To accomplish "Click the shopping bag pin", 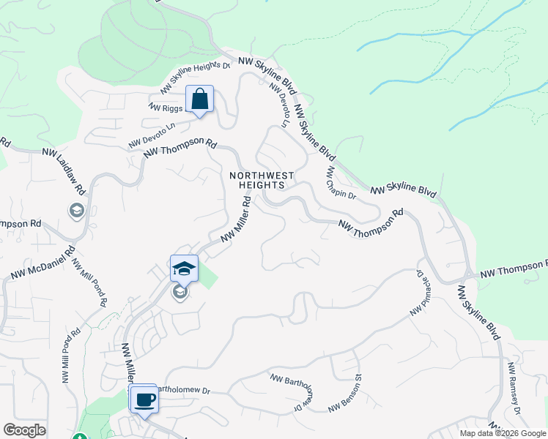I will click(199, 100).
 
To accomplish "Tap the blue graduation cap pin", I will click(185, 269).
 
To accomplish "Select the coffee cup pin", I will click(145, 399).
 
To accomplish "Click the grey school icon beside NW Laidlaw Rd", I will click(76, 211).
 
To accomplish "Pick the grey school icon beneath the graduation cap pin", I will click(179, 293).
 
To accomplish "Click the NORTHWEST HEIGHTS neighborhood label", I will click(262, 180).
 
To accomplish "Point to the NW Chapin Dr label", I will click(341, 183).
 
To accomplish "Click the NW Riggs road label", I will click(165, 108).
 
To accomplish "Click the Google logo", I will click(24, 430).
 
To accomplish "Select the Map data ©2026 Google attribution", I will click(502, 433).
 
